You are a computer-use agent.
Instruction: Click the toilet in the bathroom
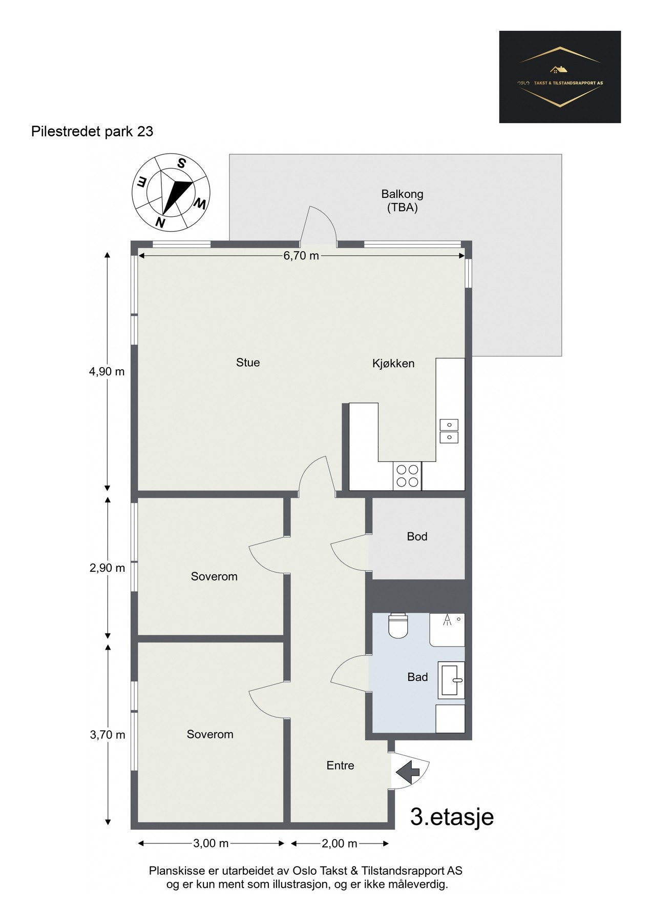(398, 625)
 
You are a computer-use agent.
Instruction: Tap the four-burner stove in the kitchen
(407, 475)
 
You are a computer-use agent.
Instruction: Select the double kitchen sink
(449, 431)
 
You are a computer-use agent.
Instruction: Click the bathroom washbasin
(451, 680)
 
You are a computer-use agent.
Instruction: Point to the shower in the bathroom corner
(447, 629)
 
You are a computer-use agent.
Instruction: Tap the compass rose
(171, 192)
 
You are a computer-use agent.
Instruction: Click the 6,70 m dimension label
(301, 255)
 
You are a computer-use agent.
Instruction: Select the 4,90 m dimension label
(107, 371)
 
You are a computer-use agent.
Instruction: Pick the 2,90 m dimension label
(107, 568)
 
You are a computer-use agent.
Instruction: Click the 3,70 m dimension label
(108, 734)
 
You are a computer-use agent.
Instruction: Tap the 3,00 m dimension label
(211, 843)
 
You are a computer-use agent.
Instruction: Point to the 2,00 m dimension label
(340, 843)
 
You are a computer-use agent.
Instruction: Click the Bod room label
(417, 536)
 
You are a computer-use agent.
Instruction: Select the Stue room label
(248, 363)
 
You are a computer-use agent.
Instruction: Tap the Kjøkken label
(393, 364)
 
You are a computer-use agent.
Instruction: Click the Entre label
(341, 765)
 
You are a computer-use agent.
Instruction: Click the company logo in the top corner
(560, 77)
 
